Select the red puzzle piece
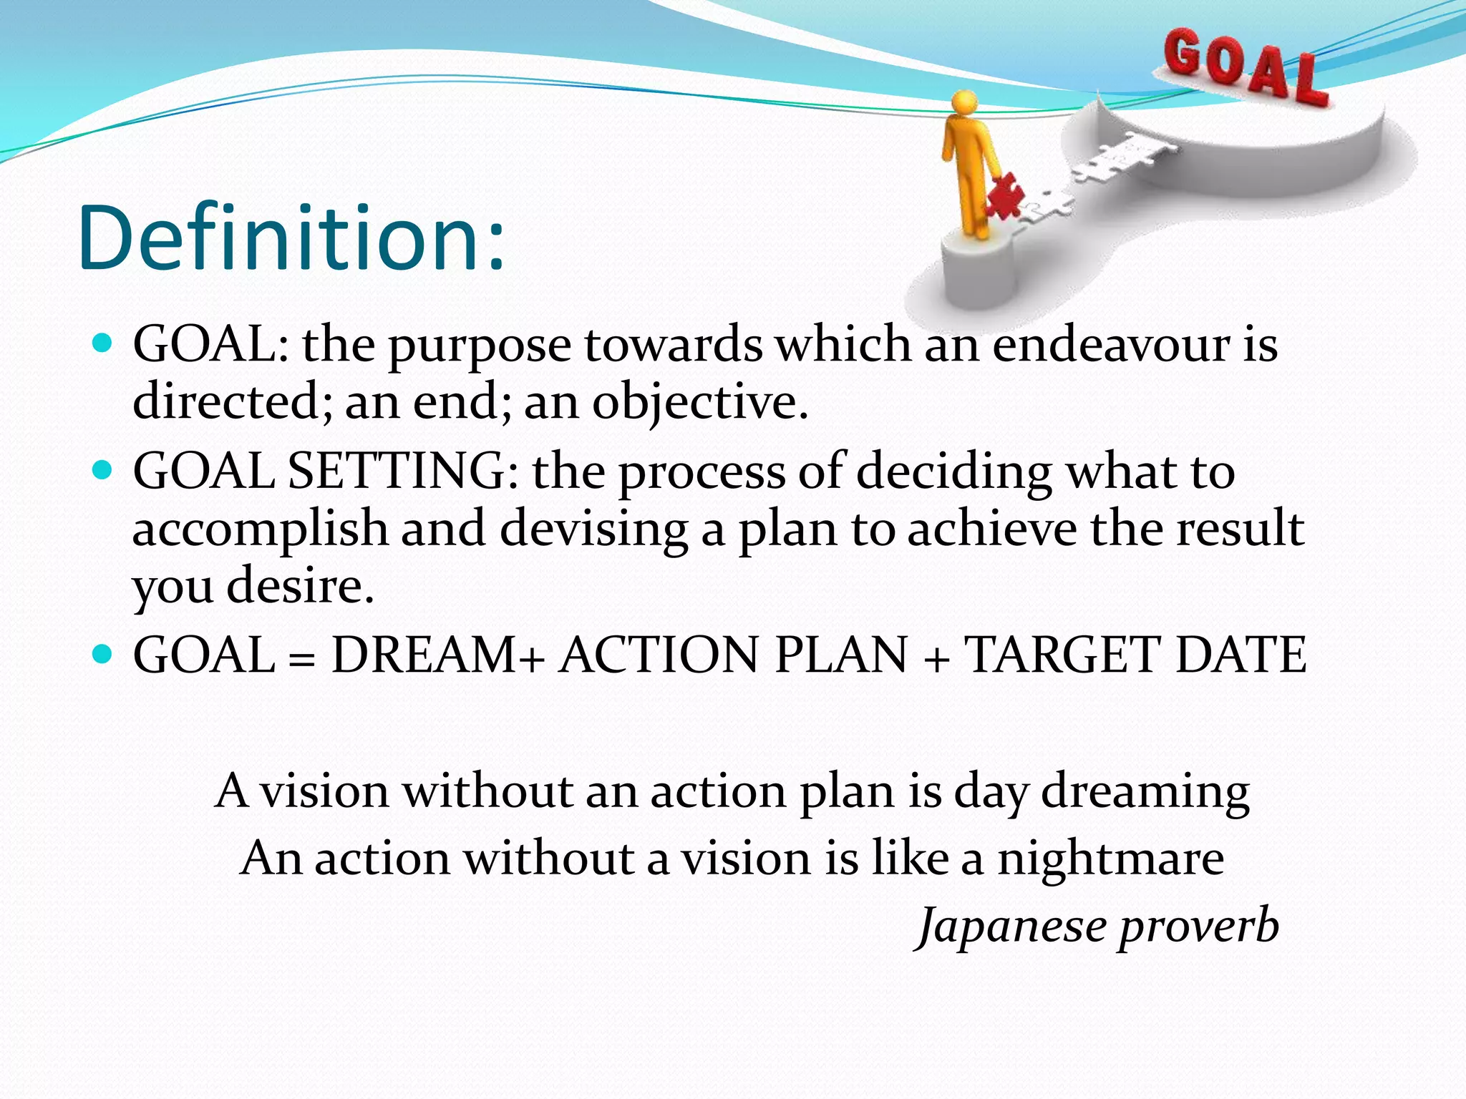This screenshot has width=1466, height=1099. tap(1004, 195)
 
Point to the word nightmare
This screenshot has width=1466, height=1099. tap(1111, 859)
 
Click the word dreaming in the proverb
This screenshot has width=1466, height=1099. tap(1145, 793)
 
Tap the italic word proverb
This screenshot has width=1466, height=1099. tap(1199, 927)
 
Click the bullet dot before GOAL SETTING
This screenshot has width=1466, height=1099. tap(103, 470)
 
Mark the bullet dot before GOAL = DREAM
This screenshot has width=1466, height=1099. tap(103, 653)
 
